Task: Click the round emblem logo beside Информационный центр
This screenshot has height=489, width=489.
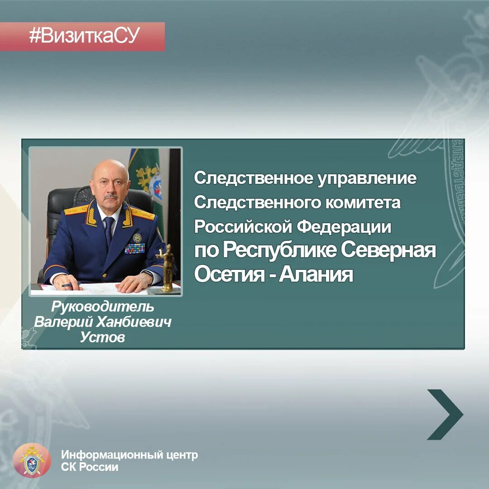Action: pos(32,460)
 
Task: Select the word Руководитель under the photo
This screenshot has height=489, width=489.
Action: pos(103,307)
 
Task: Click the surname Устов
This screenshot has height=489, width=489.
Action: pos(102,337)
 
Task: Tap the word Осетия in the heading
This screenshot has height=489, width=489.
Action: pos(229,274)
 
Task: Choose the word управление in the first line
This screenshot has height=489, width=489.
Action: pos(367,178)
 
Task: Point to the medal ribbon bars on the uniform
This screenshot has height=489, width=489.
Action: pos(134,248)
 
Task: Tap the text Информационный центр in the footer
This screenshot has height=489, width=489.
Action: pos(129,455)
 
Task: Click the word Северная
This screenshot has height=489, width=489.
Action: pos(388,250)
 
